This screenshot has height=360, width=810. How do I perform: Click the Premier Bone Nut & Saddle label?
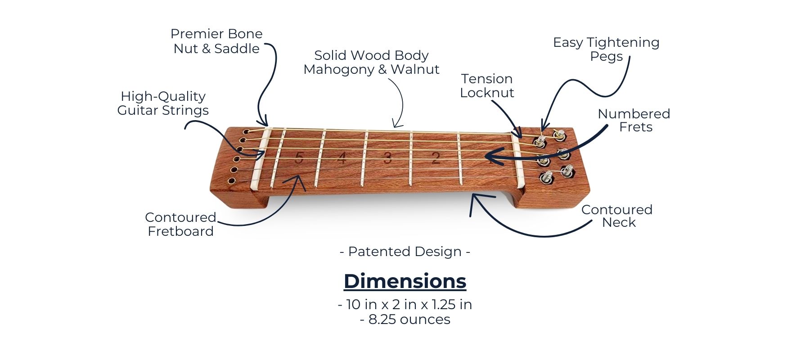click(x=216, y=41)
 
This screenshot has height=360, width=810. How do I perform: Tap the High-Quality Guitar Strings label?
click(x=163, y=103)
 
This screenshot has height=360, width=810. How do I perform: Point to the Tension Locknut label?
click(x=487, y=85)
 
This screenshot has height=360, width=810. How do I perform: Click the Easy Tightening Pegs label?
click(x=606, y=49)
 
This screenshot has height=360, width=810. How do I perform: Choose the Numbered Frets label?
click(x=634, y=120)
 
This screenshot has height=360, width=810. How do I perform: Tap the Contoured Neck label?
click(x=617, y=216)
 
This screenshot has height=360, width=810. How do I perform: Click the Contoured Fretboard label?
click(x=180, y=224)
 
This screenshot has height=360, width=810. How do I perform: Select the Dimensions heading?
click(x=405, y=281)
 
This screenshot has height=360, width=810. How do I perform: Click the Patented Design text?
click(x=405, y=252)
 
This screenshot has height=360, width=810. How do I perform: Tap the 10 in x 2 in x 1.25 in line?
click(x=405, y=305)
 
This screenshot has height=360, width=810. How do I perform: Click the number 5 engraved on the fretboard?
click(x=299, y=158)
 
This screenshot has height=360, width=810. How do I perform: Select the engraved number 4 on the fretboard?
click(x=342, y=158)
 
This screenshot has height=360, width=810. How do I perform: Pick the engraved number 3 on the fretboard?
click(x=387, y=158)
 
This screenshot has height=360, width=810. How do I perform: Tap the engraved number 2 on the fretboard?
click(x=436, y=158)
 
